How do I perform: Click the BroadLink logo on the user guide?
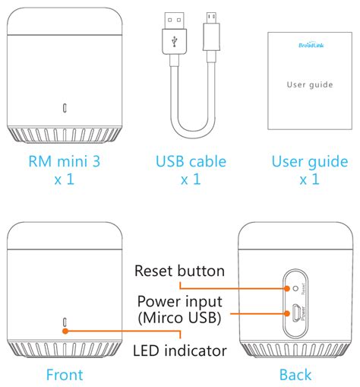311,45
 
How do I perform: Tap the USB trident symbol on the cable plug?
174,42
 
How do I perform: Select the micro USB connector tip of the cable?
211,18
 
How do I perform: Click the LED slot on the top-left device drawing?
65,108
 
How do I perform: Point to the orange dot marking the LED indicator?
65,331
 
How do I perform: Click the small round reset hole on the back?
295,288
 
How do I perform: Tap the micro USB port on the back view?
296,313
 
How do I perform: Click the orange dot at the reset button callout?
287,288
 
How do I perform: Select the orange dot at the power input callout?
287,313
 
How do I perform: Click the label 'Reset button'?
179,271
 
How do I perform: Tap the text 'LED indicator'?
180,351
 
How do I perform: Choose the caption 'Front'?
65,375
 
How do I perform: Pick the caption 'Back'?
295,375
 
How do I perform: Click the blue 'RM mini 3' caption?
65,161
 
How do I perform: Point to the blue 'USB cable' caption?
191,161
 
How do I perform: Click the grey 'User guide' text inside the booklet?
310,84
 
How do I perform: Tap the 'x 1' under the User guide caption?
309,179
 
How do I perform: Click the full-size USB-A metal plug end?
174,21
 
